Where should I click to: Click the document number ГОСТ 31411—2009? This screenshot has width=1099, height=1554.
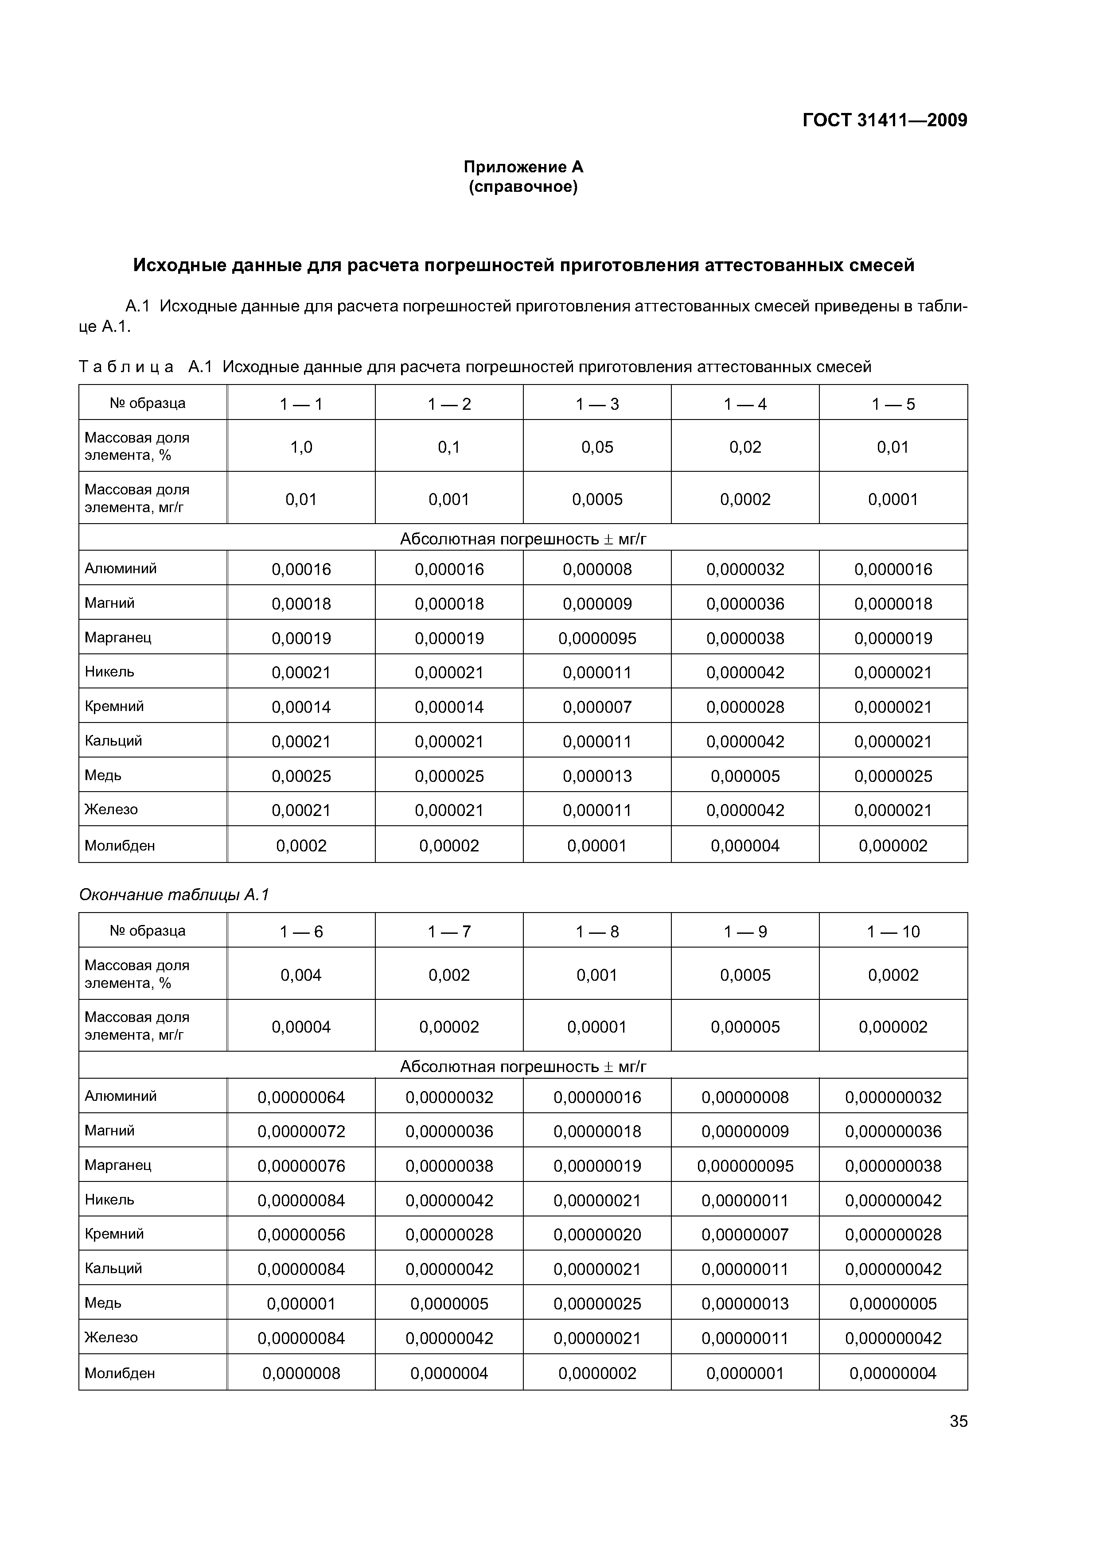885,120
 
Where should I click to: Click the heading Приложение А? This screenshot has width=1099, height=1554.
523,167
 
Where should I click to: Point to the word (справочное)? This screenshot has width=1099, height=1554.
523,187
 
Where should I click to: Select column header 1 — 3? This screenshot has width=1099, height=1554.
597,404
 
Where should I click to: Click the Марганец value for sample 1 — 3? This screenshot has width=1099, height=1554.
597,638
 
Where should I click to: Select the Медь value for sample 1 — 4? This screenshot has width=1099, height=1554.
745,776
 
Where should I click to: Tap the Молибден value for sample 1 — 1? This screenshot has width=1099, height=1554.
301,845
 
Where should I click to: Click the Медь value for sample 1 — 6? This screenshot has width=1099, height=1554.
301,1304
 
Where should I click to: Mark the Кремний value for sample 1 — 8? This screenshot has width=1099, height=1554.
597,1235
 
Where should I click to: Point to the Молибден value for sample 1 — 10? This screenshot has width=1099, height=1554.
893,1373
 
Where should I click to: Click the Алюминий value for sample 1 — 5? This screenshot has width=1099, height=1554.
893,569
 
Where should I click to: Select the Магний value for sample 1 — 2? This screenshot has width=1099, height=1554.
449,604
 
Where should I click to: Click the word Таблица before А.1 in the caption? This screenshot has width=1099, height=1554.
126,367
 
